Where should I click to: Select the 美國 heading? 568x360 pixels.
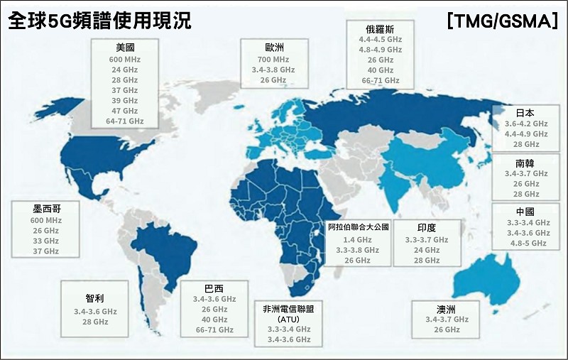(124, 47)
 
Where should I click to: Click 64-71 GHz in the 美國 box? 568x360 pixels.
(124, 121)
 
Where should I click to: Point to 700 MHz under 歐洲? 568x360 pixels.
(273, 59)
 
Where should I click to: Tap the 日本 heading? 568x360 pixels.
(525, 112)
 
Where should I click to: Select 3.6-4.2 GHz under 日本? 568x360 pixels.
(526, 123)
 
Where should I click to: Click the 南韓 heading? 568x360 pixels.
(525, 163)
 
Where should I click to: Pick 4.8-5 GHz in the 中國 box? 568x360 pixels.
(526, 243)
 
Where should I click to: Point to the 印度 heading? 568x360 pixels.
(427, 228)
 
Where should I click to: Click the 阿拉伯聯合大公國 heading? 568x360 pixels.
(359, 228)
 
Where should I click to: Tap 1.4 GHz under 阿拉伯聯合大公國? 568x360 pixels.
(359, 240)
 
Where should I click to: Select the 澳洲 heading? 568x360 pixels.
(447, 309)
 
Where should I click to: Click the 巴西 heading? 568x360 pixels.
(214, 288)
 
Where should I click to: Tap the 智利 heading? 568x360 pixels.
(94, 299)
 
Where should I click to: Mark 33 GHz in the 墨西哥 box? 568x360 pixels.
(45, 241)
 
